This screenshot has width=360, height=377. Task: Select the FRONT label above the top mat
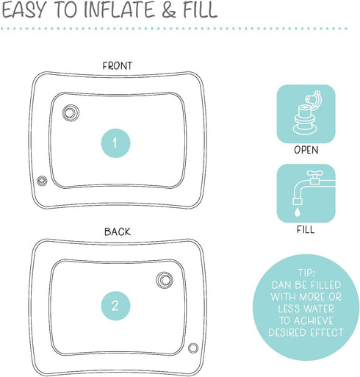(118, 65)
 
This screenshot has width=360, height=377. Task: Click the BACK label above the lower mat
(118, 231)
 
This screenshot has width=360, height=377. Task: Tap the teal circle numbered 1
(115, 143)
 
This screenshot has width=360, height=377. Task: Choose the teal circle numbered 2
(115, 306)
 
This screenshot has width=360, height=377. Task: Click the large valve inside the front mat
(71, 113)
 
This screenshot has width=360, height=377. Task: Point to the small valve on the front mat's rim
(42, 181)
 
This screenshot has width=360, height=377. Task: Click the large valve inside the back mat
(165, 280)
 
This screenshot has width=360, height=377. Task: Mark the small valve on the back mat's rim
(193, 348)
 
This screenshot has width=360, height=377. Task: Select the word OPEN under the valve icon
(306, 150)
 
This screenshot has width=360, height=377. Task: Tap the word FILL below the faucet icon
(306, 229)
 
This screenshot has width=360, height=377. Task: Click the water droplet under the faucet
(297, 212)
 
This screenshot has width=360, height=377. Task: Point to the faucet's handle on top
(315, 173)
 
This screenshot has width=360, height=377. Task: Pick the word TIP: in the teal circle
(306, 273)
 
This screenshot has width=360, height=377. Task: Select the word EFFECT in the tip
(327, 333)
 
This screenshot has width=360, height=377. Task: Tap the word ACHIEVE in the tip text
(314, 320)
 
